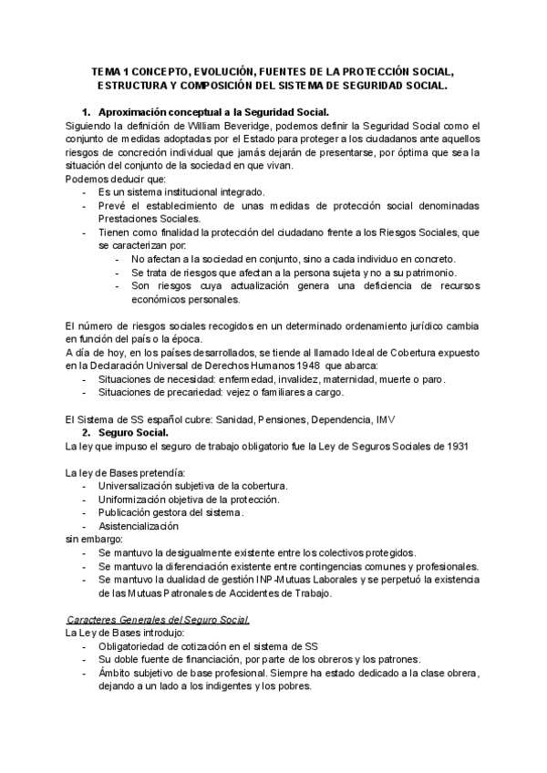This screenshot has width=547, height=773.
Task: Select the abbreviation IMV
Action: click(387, 419)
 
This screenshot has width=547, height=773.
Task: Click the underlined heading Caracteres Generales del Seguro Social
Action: click(159, 620)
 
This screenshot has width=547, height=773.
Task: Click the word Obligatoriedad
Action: click(133, 646)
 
